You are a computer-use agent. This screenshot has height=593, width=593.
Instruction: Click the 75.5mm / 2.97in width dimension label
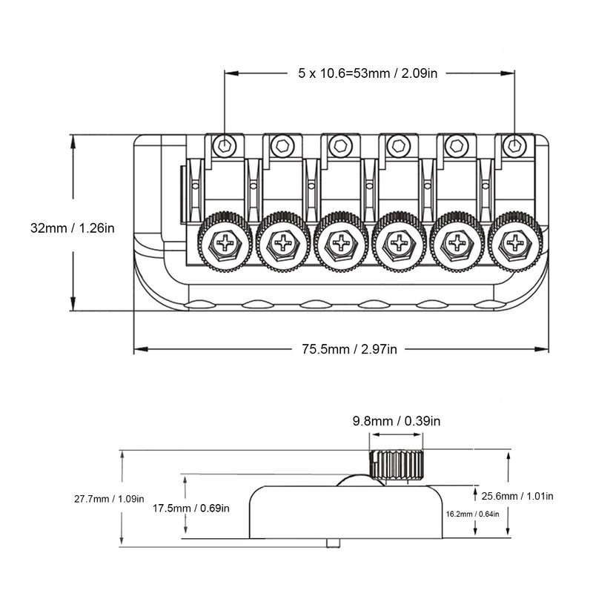(349, 348)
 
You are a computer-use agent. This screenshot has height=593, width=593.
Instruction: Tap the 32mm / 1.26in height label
(72, 228)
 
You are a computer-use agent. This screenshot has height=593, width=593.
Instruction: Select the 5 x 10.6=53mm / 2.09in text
(367, 73)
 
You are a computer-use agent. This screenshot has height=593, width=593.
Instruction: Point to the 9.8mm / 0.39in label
(397, 421)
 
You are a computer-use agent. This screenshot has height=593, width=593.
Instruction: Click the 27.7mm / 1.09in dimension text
(109, 499)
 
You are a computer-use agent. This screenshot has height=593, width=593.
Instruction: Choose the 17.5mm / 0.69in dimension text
(191, 508)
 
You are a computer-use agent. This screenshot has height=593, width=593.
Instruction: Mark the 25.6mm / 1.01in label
(517, 496)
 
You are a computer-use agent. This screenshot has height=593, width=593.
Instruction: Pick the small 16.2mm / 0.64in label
(472, 514)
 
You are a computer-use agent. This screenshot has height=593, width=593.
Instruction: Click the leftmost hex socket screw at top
(225, 145)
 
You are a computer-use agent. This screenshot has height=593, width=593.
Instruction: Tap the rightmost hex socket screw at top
(514, 145)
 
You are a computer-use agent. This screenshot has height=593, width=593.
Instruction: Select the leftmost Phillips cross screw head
(225, 242)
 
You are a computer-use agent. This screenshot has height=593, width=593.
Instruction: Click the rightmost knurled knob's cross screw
(514, 242)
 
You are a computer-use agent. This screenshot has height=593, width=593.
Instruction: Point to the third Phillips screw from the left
(341, 242)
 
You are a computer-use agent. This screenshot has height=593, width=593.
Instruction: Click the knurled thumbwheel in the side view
(397, 465)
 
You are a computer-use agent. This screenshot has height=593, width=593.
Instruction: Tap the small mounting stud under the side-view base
(333, 543)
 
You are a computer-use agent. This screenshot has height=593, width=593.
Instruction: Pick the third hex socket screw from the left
(340, 145)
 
